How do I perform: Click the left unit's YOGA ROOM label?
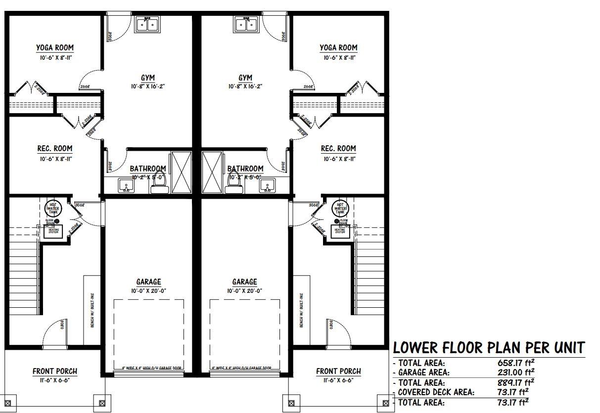pyautogui.click(x=54, y=48)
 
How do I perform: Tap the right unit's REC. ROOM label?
pyautogui.click(x=338, y=149)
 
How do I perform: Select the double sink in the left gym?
pyautogui.click(x=147, y=24)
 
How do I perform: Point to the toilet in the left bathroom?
pyautogui.click(x=159, y=183)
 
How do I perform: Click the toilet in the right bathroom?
pyautogui.click(x=232, y=183)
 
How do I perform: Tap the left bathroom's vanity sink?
pyautogui.click(x=126, y=186)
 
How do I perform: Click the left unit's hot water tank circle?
pyautogui.click(x=53, y=207)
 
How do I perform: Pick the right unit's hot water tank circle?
pyautogui.click(x=340, y=207)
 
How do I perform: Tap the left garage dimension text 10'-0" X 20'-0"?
pyautogui.click(x=148, y=291)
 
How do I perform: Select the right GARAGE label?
pyautogui.click(x=245, y=282)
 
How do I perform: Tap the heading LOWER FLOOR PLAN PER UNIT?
pyautogui.click(x=489, y=347)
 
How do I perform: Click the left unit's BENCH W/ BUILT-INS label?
pyautogui.click(x=92, y=311)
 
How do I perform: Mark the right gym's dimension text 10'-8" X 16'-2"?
pyautogui.click(x=245, y=86)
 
